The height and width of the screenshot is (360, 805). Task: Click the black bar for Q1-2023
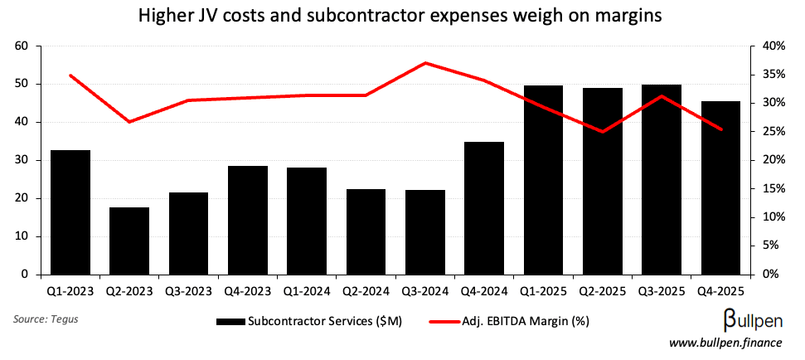[x=70, y=212]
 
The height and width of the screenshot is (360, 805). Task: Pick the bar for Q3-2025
[x=662, y=179]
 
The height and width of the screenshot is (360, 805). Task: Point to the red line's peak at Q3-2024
[x=425, y=63]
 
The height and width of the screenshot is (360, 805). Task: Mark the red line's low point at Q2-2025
[x=603, y=131]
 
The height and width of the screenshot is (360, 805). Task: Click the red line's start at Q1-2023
[x=70, y=75]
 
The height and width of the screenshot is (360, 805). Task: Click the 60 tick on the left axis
[x=22, y=46]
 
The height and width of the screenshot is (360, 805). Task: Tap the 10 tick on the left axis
[x=22, y=236]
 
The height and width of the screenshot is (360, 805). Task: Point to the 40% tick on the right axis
[x=773, y=46]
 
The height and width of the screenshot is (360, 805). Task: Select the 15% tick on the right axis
[x=773, y=188]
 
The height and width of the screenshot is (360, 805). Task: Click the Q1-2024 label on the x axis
[x=307, y=292]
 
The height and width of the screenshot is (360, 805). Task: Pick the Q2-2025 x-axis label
[x=603, y=292]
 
